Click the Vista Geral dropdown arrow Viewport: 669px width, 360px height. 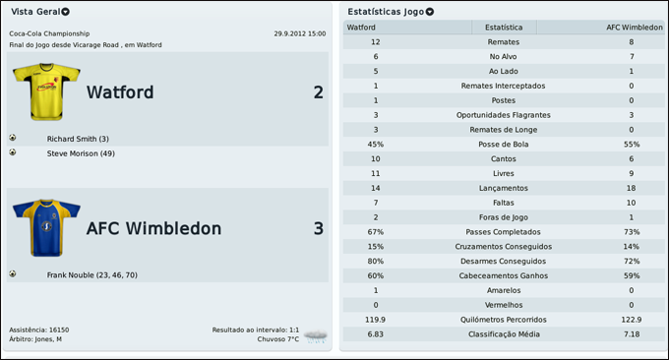tap(66, 12)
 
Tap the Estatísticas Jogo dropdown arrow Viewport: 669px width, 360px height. tap(430, 12)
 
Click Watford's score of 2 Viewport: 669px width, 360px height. tap(318, 92)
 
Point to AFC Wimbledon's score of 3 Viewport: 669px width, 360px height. tap(318, 228)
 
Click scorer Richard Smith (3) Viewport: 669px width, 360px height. tap(78, 139)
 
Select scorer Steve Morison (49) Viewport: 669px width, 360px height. tap(81, 153)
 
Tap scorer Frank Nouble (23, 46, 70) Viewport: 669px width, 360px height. tap(92, 275)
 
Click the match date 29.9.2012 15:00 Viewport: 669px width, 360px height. tap(300, 33)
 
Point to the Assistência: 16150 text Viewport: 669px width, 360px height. tap(39, 330)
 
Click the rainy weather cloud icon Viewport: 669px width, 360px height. tap(316, 336)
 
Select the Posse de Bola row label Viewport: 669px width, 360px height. tap(504, 145)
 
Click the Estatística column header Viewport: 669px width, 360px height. tap(504, 28)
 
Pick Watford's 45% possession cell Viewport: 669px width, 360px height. tap(376, 145)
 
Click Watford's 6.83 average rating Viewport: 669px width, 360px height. tap(376, 334)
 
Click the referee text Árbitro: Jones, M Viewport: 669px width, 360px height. tap(35, 339)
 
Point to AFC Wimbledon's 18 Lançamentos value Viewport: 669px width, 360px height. tap(632, 188)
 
